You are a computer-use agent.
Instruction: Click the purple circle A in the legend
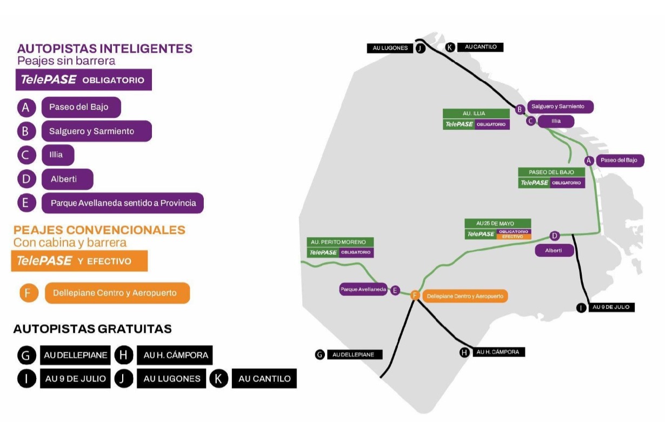pyautogui.click(x=26, y=107)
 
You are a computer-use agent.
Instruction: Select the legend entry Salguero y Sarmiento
pyautogui.click(x=96, y=131)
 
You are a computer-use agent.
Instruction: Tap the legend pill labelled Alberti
pyautogui.click(x=67, y=179)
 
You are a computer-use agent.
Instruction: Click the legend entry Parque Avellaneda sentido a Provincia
pyautogui.click(x=123, y=203)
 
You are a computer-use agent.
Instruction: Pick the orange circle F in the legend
pyautogui.click(x=28, y=293)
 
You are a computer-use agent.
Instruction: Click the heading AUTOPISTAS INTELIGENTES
pyautogui.click(x=105, y=49)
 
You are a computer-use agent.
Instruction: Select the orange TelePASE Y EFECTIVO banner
pyautogui.click(x=79, y=261)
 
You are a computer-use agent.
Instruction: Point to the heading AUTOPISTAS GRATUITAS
pyautogui.click(x=92, y=329)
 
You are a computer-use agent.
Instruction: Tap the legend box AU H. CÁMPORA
pyautogui.click(x=175, y=355)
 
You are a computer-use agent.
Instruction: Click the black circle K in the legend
pyautogui.click(x=218, y=378)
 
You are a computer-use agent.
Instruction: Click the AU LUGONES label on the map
pyautogui.click(x=390, y=48)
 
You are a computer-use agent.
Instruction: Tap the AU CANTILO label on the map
pyautogui.click(x=480, y=48)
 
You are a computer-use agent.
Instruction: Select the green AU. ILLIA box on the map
pyautogui.click(x=476, y=113)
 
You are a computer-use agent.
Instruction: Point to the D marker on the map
pyautogui.click(x=554, y=236)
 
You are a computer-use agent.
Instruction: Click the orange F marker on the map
pyautogui.click(x=415, y=295)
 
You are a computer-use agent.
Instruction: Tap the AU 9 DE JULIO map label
pyautogui.click(x=611, y=307)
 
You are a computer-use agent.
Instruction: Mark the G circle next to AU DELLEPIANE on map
pyautogui.click(x=320, y=354)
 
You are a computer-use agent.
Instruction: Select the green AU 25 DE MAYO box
pyautogui.click(x=498, y=223)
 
